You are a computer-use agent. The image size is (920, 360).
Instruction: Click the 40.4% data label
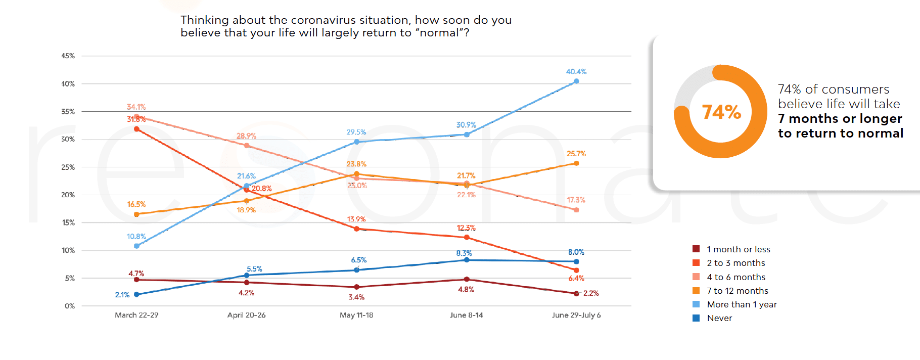coord(576,72)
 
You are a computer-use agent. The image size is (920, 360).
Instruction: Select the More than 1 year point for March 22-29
coord(136,246)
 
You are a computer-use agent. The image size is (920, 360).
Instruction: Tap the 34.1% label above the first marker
coord(136,107)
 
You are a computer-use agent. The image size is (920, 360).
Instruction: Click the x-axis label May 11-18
coord(356,315)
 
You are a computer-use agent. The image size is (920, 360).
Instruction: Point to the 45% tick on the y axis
coord(68,56)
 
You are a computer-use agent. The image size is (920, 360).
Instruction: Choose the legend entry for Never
coord(719,318)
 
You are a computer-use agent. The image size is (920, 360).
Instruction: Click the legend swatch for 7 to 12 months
coord(696,291)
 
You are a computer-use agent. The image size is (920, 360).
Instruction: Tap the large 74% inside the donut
coord(721,112)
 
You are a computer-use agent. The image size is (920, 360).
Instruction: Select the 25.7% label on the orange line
coord(576,154)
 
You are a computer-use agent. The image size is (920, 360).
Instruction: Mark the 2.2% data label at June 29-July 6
coord(590,293)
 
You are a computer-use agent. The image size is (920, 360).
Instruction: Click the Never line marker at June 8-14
coord(467,260)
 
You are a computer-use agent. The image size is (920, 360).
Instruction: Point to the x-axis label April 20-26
coord(246,315)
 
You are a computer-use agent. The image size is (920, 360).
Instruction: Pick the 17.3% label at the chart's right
coord(576,200)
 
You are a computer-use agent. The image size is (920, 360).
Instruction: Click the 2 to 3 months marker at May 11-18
coord(356,229)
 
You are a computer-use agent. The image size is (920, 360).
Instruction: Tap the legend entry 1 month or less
coord(738,249)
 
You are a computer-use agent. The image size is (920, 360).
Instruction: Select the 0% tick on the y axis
coord(69,306)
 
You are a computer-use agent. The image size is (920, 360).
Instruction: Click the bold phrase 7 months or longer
coord(840,119)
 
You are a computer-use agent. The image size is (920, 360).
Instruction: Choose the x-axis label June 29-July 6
coord(576,315)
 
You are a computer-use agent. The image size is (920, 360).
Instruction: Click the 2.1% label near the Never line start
coord(122,295)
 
